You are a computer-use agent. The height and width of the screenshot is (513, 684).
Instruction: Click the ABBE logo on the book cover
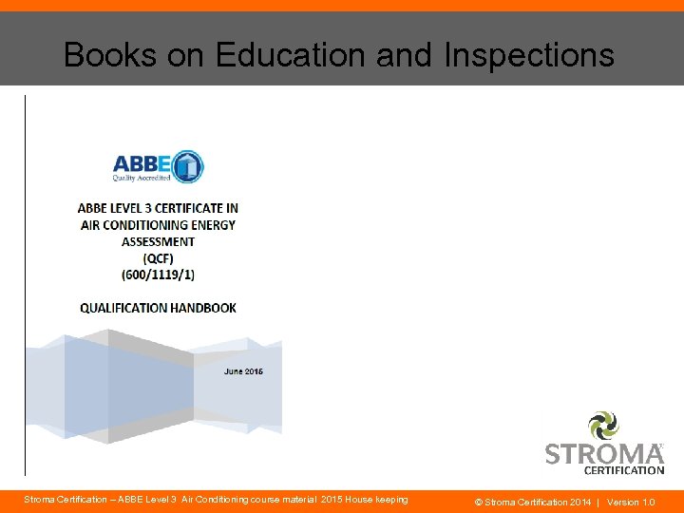click(158, 167)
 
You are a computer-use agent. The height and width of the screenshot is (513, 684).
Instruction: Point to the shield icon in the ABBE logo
click(187, 166)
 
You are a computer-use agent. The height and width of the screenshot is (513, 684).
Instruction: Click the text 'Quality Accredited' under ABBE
click(142, 178)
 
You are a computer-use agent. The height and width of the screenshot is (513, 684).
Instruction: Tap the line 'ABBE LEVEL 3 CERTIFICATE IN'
click(158, 208)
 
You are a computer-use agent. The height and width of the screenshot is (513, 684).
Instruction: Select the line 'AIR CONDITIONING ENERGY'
click(158, 225)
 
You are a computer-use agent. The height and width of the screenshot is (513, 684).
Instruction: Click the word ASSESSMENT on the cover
click(158, 241)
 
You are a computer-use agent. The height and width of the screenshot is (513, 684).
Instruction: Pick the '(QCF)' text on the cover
click(158, 257)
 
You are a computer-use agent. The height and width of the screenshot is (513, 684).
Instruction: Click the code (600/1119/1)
click(158, 275)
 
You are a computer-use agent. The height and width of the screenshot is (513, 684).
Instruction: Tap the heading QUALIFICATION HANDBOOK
click(158, 308)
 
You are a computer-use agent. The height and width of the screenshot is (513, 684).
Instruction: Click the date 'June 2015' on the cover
click(243, 370)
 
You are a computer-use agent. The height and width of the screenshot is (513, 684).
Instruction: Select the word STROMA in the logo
click(604, 453)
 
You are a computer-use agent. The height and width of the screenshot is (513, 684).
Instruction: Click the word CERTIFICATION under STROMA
click(623, 469)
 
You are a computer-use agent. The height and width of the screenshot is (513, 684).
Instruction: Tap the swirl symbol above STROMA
click(603, 425)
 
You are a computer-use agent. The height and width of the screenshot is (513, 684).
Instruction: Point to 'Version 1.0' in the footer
click(631, 502)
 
